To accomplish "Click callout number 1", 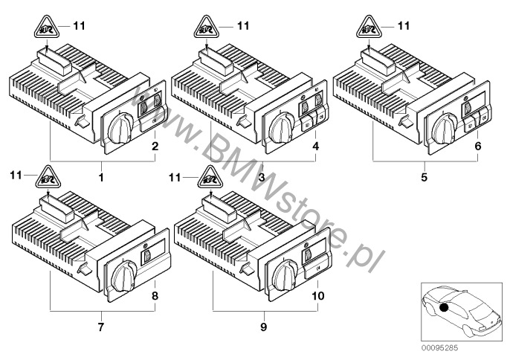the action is tap(101, 177).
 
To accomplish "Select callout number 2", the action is tap(155, 146).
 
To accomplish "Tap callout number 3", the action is tap(262, 177).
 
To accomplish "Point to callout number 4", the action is tap(315, 146).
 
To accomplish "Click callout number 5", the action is tap(424, 177).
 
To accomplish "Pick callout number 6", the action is tap(477, 146).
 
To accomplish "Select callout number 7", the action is tap(101, 327).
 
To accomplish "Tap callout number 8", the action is tap(155, 296).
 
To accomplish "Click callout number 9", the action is tap(263, 327).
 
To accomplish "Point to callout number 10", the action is tap(317, 296).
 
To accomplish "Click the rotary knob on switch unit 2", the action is tap(120, 128).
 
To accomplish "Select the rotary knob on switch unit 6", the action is tap(445, 129).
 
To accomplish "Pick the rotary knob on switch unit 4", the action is tap(283, 128).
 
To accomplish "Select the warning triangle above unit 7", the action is tap(48, 178).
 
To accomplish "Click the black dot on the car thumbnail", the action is tap(444, 307).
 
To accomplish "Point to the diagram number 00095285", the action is tap(440, 348).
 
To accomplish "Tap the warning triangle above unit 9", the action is tap(210, 178).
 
